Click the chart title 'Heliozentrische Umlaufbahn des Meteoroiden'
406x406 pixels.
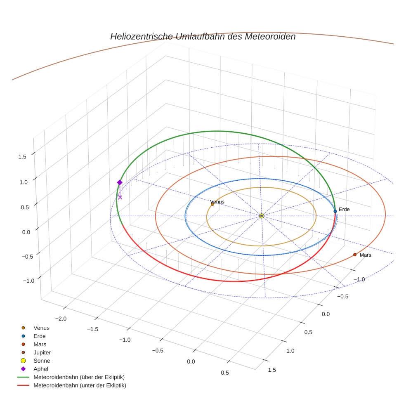(203, 37)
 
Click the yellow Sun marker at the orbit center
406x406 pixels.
(262, 216)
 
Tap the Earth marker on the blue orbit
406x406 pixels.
(335, 211)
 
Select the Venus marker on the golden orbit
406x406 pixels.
(212, 204)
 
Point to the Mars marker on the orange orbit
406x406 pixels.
(355, 255)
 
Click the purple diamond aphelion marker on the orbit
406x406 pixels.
(120, 182)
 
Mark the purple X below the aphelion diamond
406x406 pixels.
(120, 197)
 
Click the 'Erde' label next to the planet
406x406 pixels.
(344, 210)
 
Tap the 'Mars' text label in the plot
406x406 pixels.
(365, 255)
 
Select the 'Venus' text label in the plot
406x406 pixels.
(217, 202)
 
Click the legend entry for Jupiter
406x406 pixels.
(42, 352)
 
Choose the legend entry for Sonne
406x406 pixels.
(42, 361)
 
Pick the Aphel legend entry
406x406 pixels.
(41, 369)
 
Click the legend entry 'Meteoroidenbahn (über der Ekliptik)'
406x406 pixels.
(79, 377)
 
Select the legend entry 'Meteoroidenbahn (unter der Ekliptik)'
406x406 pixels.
(80, 385)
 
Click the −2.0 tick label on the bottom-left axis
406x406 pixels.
(61, 319)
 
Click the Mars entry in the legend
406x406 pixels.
(40, 344)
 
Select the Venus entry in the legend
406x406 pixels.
(41, 328)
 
